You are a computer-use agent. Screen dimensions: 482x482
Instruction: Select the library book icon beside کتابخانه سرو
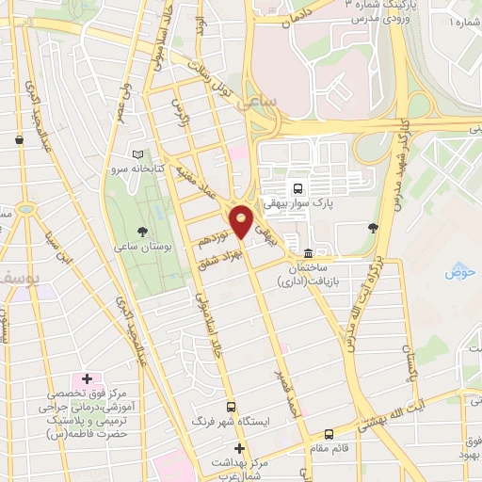pyautogui.click(x=139, y=153)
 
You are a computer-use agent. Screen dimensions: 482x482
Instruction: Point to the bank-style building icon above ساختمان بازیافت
pyautogui.click(x=309, y=253)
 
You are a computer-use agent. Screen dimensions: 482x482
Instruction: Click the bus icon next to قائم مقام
pyautogui.click(x=329, y=434)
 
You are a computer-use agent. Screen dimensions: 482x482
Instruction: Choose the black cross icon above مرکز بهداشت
pyautogui.click(x=240, y=448)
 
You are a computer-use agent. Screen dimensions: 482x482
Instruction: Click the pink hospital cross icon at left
pyautogui.click(x=87, y=378)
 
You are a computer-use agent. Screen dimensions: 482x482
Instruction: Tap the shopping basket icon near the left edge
pyautogui.click(x=19, y=140)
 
